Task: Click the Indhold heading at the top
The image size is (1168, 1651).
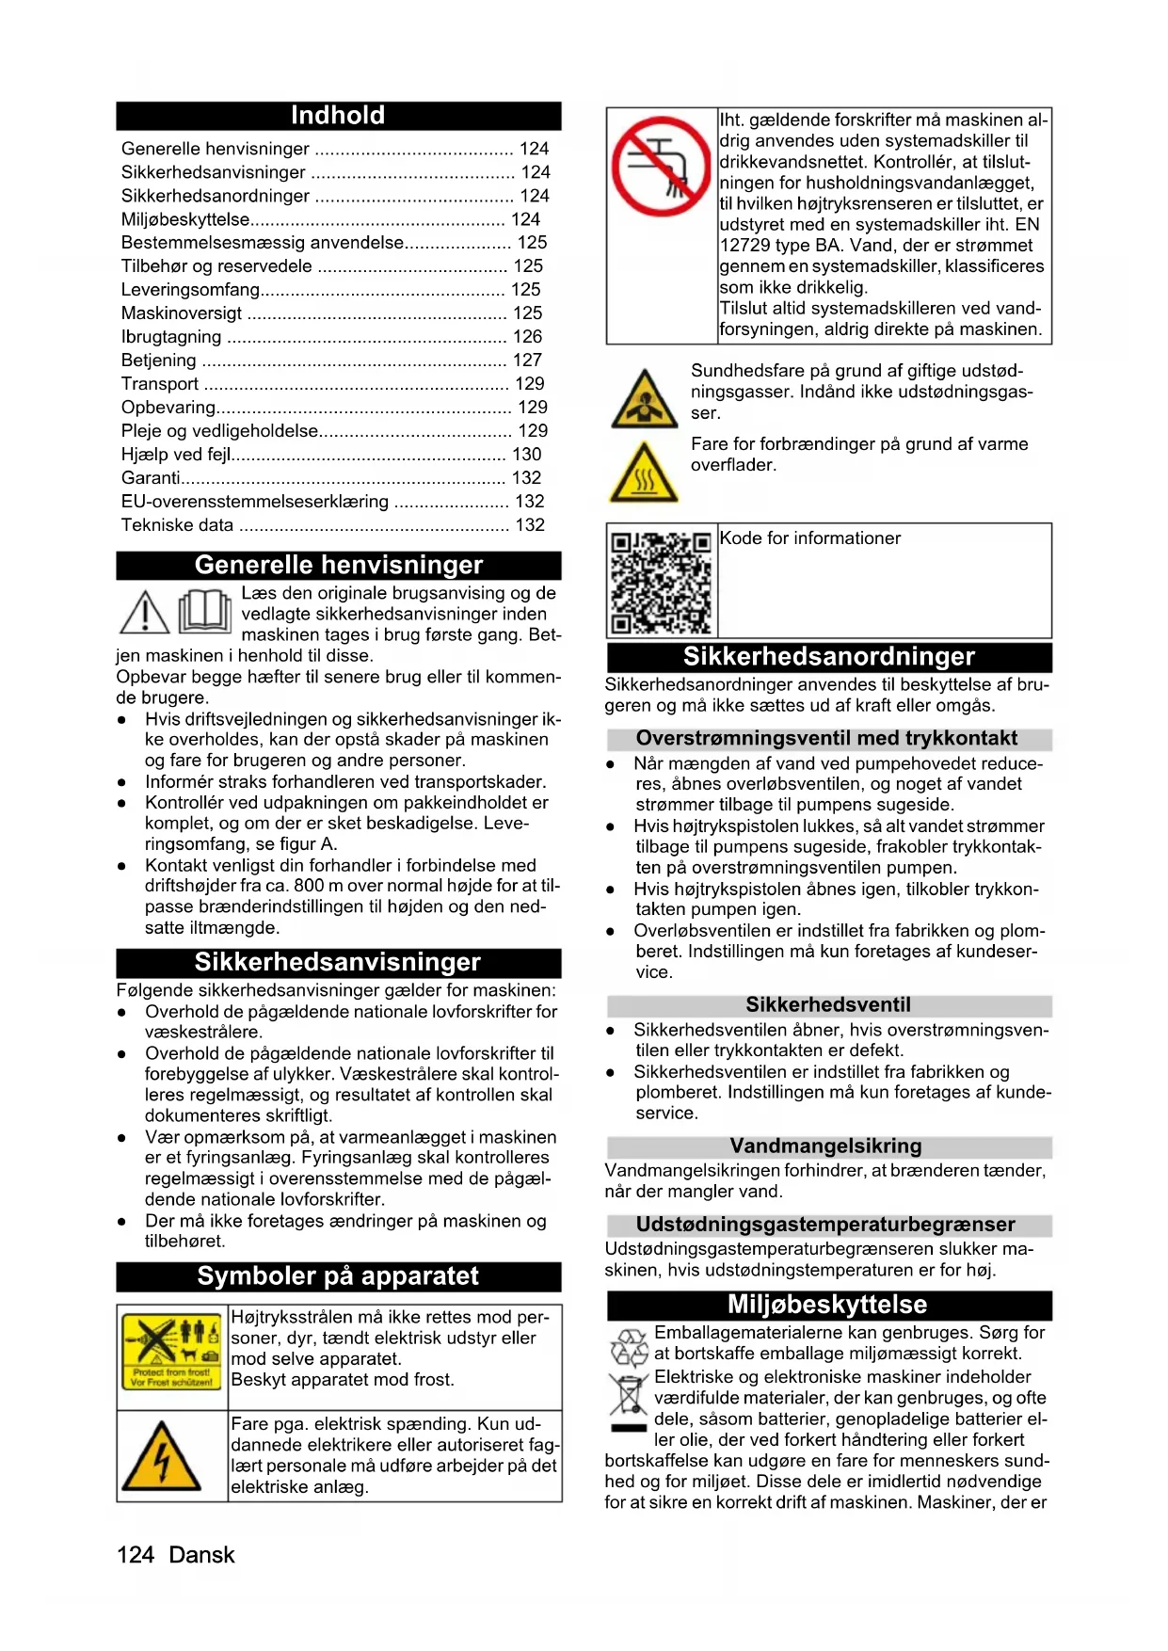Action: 338,116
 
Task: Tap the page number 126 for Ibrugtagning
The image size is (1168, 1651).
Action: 527,337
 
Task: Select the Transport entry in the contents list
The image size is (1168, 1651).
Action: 160,384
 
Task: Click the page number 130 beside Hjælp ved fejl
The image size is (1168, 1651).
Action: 527,455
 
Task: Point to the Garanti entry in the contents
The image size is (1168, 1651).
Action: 151,478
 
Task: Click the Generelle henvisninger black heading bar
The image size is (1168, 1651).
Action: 338,565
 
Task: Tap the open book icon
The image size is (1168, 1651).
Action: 204,612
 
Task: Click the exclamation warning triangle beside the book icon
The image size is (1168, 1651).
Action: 144,613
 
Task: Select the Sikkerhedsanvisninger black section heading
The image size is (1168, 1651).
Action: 338,962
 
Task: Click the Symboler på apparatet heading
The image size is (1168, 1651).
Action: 338,1276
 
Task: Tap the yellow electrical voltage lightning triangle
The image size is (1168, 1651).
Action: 163,1456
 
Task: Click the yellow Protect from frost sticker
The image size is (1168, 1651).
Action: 171,1352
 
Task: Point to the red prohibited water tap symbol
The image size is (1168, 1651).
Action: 661,168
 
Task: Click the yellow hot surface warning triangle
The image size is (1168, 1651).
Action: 644,473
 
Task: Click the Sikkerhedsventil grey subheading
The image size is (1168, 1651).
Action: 828,1005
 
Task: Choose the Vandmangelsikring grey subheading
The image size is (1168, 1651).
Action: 825,1146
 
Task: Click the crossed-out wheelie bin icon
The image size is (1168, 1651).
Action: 628,1395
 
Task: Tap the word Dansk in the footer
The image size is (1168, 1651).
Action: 201,1555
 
